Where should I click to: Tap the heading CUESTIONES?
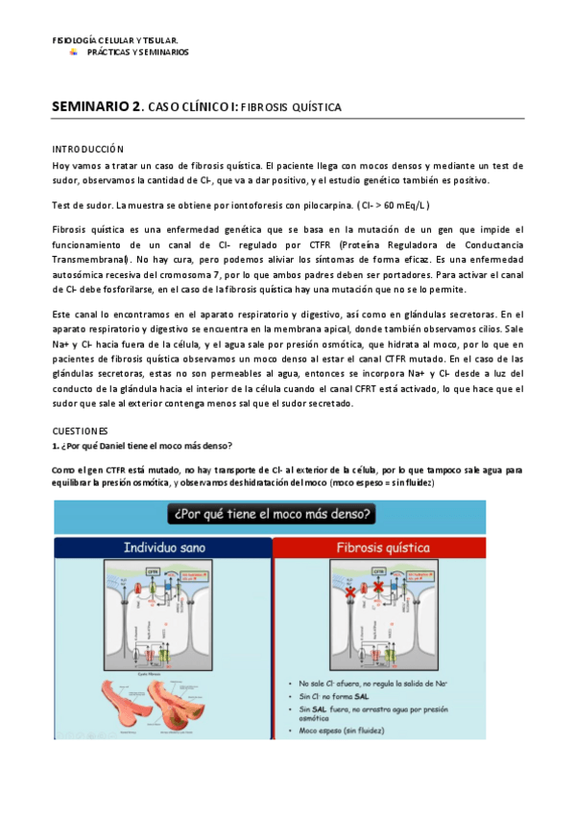pos(80,431)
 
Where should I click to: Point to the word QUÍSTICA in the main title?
pos(315,109)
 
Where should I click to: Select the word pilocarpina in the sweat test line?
pos(315,205)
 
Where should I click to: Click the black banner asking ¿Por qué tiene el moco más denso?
pos(273,515)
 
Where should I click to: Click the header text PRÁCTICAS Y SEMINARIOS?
pos(138,52)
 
